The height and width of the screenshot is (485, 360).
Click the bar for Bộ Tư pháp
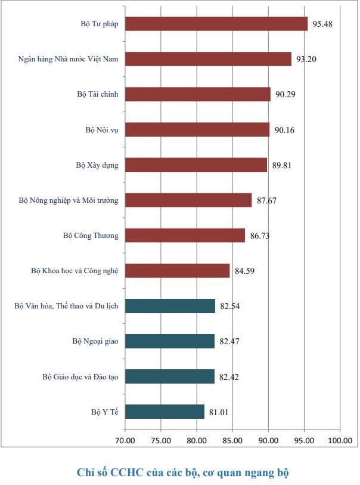pyautogui.click(x=216, y=24)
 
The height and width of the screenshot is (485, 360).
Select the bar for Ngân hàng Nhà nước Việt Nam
pyautogui.click(x=208, y=59)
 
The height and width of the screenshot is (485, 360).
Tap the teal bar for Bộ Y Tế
pyautogui.click(x=165, y=412)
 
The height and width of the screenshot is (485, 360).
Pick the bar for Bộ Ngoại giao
pyautogui.click(x=170, y=341)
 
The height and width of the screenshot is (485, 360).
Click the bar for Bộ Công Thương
pyautogui.click(x=185, y=236)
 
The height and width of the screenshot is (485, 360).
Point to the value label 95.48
pyautogui.click(x=322, y=24)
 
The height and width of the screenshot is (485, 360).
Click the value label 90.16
pyautogui.click(x=284, y=130)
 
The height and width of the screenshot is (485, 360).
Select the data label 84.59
pyautogui.click(x=244, y=271)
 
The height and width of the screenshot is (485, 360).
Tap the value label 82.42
pyautogui.click(x=229, y=377)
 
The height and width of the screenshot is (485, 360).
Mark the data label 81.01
pyautogui.click(x=219, y=412)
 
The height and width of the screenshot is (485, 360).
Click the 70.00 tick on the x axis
pyautogui.click(x=125, y=440)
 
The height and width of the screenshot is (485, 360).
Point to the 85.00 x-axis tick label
pyautogui.click(x=232, y=440)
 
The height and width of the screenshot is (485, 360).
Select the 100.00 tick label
pyautogui.click(x=340, y=440)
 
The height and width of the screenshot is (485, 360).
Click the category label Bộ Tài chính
pyautogui.click(x=98, y=94)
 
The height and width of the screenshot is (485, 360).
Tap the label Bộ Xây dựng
pyautogui.click(x=97, y=165)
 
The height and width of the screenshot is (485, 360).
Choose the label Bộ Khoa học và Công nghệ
pyautogui.click(x=75, y=271)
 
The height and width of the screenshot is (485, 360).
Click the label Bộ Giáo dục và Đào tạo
pyautogui.click(x=80, y=377)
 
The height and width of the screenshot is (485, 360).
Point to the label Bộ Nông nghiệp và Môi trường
pyautogui.click(x=69, y=200)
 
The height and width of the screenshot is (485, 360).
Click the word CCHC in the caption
pyautogui.click(x=127, y=472)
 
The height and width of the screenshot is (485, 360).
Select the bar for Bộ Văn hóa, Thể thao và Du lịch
pyautogui.click(x=170, y=306)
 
